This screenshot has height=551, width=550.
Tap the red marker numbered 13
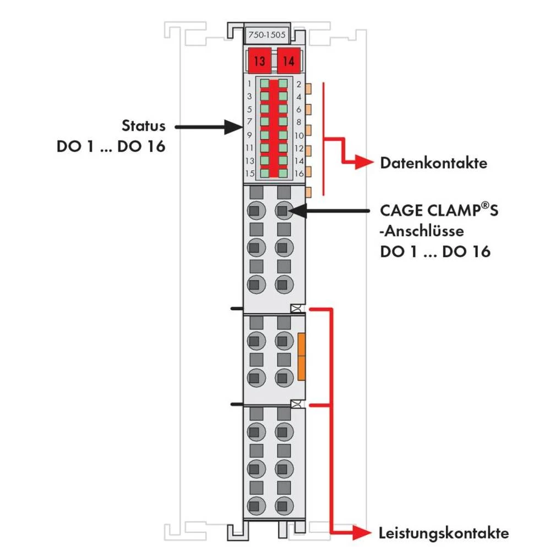click(x=259, y=61)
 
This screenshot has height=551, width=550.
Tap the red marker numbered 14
click(x=288, y=61)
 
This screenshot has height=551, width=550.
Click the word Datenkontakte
click(x=433, y=164)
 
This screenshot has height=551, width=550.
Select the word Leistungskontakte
click(x=443, y=533)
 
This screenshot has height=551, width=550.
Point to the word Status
click(x=143, y=126)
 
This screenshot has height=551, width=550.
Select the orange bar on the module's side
click(x=301, y=356)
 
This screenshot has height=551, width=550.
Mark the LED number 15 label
click(x=249, y=174)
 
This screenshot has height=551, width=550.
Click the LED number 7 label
click(x=249, y=121)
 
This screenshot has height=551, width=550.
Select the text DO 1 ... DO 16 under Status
click(x=111, y=148)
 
